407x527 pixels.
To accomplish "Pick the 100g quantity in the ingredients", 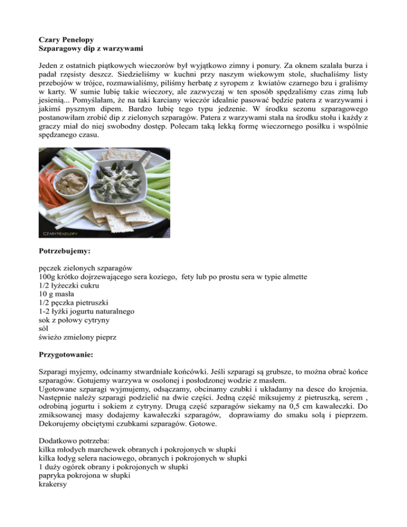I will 48,276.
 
